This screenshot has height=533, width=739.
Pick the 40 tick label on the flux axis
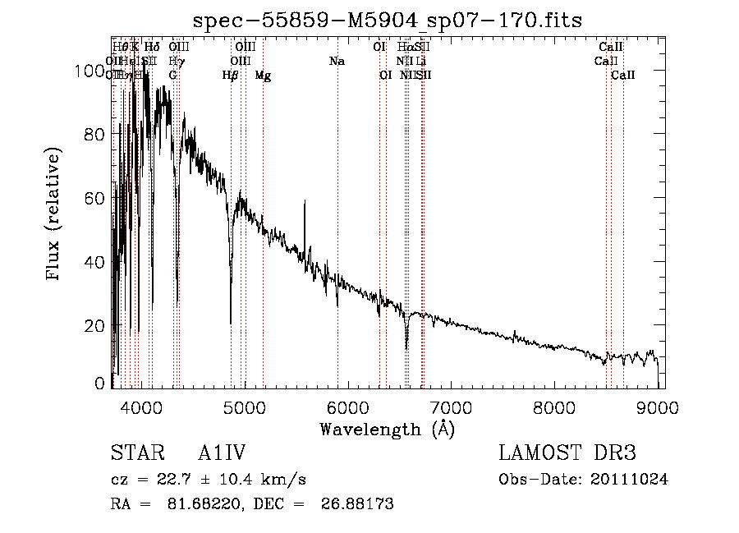[x=97, y=263]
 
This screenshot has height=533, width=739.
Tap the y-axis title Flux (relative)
[x=54, y=215]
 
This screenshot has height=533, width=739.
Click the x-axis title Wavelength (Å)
[x=387, y=428]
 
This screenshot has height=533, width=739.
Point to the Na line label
[x=337, y=62]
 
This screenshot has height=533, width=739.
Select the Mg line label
[x=263, y=76]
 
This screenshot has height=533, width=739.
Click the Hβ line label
[x=231, y=76]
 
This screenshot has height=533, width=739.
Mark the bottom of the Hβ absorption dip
[x=231, y=322]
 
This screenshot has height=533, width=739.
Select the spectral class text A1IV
[x=223, y=453]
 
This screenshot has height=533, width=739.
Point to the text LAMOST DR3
[x=567, y=453]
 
